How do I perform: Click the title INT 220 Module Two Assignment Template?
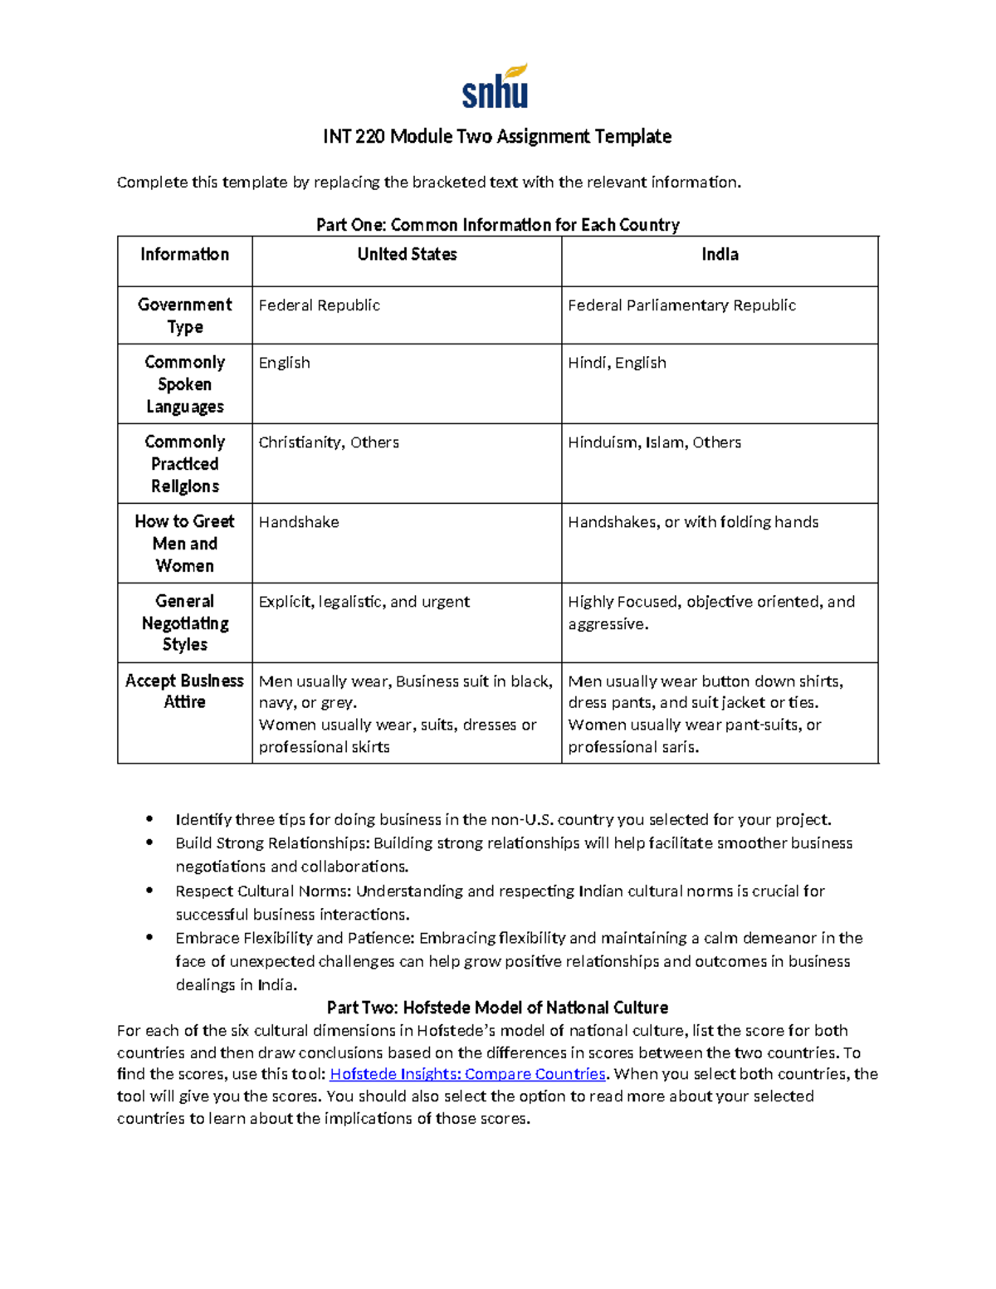497,136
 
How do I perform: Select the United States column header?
407,255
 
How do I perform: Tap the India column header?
720,255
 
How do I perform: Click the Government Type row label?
184,315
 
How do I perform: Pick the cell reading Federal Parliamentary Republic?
681,305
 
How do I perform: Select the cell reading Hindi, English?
617,363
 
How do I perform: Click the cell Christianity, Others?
329,442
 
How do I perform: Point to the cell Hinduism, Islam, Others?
654,442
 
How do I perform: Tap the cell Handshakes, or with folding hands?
693,522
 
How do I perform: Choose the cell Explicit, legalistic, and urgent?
364,602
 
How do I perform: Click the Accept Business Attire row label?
184,691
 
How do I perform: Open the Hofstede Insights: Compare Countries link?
467,1074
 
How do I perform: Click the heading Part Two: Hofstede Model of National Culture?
497,1008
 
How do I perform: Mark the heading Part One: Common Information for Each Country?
497,225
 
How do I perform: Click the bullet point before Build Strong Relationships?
149,843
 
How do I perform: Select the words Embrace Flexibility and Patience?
294,938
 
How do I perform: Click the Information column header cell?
184,255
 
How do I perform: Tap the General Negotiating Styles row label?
184,623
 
